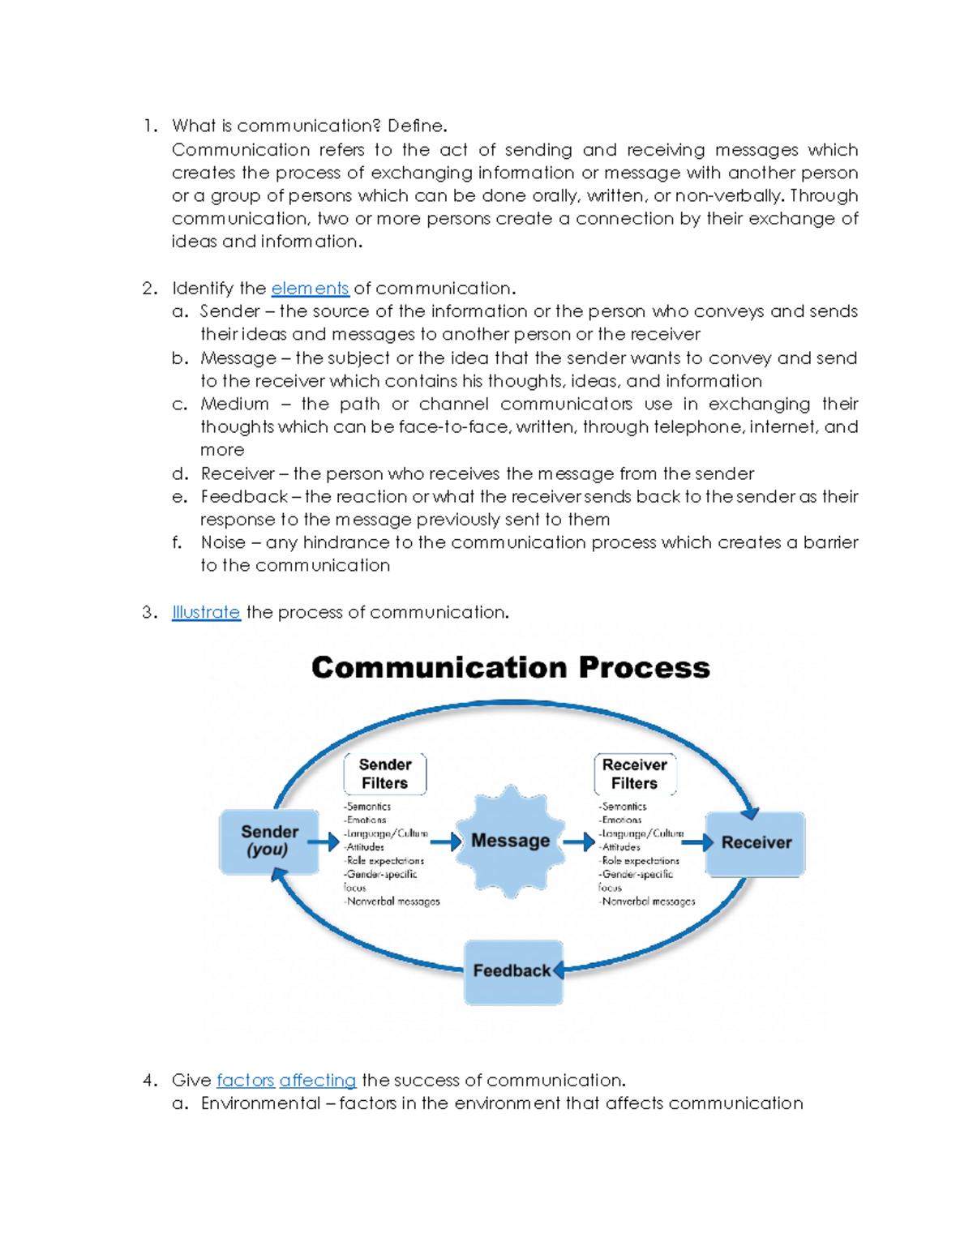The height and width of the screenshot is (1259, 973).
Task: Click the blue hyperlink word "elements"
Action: point(310,289)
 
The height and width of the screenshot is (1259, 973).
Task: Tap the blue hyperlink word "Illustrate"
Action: point(206,612)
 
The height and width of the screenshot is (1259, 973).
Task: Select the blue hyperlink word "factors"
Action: point(245,1080)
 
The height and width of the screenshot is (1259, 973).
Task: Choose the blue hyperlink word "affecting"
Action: point(318,1080)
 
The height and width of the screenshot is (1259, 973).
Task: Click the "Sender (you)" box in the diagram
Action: point(269,841)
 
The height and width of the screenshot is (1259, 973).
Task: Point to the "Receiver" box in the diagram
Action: point(756,843)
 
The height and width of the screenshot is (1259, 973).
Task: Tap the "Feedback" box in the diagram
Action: point(512,971)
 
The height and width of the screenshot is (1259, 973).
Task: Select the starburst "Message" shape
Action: point(511,841)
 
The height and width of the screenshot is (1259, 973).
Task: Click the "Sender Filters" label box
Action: point(385,774)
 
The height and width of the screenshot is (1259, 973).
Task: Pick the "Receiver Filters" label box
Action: point(635,774)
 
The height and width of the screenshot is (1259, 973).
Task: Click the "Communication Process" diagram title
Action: point(511,667)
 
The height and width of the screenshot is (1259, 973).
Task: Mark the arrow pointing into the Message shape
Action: point(445,841)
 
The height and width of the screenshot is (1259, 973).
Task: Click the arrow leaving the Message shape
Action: point(579,841)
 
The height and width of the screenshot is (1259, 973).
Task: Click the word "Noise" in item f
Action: point(223,542)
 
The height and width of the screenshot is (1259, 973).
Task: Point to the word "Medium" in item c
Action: point(234,404)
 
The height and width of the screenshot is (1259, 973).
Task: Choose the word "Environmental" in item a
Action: point(260,1103)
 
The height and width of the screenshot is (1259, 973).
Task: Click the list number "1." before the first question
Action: point(150,126)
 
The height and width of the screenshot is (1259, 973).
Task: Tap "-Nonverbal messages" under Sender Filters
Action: point(392,901)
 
